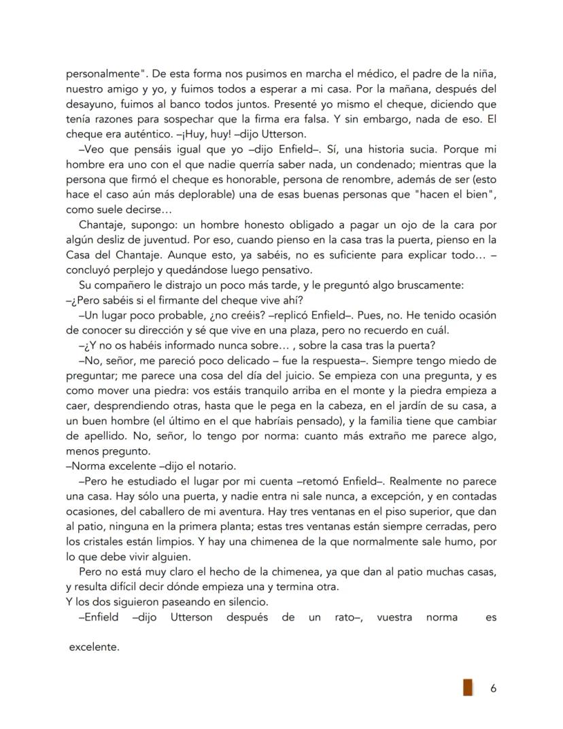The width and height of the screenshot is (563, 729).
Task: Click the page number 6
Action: point(493,688)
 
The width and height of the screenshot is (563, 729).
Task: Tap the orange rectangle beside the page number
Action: point(468,687)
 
